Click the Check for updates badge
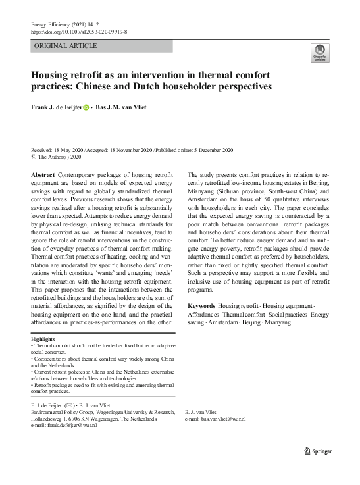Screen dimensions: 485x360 pyautogui.click(x=320, y=53)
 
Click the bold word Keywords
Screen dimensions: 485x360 pyautogui.click(x=201, y=307)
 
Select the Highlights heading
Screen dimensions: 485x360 pyautogui.click(x=45, y=340)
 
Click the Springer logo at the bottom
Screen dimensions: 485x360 pyautogui.click(x=318, y=451)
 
